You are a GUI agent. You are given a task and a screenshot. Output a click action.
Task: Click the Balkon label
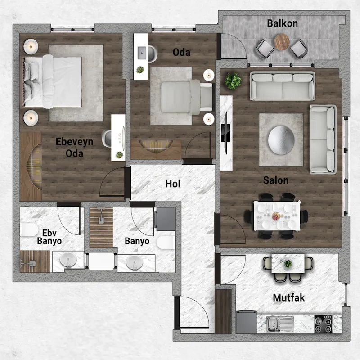[283, 23]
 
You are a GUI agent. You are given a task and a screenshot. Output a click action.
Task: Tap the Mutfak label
[289, 298]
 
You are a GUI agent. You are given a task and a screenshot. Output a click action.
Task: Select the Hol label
[173, 184]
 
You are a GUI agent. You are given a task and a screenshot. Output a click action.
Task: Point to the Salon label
[276, 180]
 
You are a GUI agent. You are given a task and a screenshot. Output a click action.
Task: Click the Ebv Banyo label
[49, 237]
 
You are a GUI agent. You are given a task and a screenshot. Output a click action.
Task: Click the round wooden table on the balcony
[282, 42]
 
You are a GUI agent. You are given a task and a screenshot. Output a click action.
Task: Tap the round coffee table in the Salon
[281, 140]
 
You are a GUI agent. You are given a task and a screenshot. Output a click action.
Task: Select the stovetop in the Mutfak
[323, 324]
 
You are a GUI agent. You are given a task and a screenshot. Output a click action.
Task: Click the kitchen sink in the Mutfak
[280, 324]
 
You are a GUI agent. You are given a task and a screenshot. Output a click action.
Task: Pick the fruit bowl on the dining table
[276, 216]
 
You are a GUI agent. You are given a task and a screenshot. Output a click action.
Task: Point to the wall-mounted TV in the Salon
[226, 133]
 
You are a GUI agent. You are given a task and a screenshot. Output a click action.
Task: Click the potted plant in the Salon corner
[233, 81]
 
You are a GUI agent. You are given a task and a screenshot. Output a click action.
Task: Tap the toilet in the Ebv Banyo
[29, 229]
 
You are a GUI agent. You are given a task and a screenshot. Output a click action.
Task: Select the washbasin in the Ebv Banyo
[68, 261]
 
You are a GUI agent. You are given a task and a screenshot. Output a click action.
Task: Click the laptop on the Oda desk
[142, 53]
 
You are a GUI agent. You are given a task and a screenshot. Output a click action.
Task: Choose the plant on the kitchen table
[288, 264]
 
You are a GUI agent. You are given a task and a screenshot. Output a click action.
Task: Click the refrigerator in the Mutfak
[246, 322]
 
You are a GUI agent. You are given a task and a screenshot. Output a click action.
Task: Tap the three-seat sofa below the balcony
[283, 86]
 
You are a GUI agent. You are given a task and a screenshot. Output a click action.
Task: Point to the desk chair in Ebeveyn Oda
[107, 138]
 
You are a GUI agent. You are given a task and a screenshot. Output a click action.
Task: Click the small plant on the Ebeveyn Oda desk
[119, 155]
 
